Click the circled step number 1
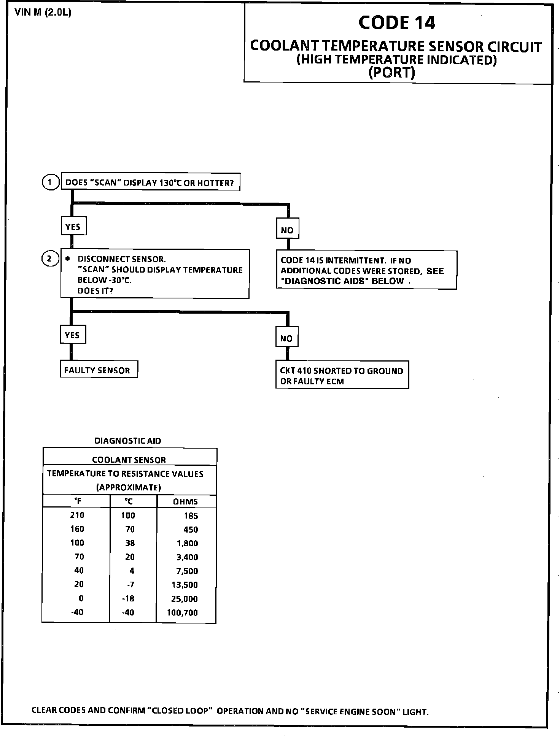[x=50, y=182]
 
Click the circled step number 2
[x=49, y=259]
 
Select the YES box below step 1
[x=73, y=227]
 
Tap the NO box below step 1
[x=287, y=230]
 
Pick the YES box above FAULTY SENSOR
[x=72, y=335]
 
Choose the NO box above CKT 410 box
[x=286, y=338]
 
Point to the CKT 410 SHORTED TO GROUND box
[x=342, y=376]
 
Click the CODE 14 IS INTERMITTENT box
[x=366, y=270]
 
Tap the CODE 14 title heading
[x=396, y=23]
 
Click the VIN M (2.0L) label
[x=43, y=13]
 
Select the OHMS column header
[x=185, y=501]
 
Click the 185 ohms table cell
[x=191, y=516]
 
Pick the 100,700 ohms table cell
[x=182, y=612]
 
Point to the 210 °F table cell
[x=77, y=515]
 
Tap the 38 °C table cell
[x=130, y=543]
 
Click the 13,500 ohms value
[x=185, y=585]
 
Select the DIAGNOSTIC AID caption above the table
[x=127, y=441]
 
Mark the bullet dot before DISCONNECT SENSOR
[x=68, y=259]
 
